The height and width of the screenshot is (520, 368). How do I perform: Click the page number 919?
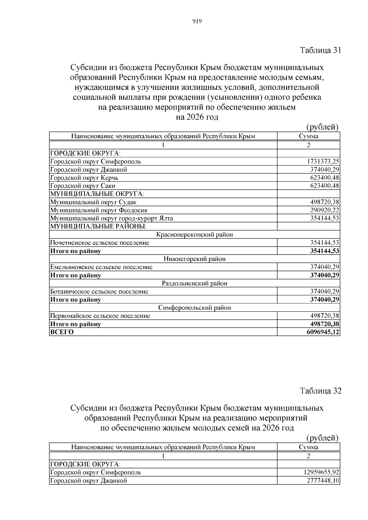click(197, 21)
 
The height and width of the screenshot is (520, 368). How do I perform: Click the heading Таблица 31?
click(320, 50)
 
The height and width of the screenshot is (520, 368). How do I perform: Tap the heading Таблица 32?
click(320, 391)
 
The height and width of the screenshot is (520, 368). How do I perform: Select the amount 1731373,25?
click(323, 161)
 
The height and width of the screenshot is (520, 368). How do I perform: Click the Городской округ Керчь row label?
click(84, 178)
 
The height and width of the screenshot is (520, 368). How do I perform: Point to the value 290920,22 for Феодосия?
click(324, 210)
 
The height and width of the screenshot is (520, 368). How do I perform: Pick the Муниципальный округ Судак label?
click(93, 202)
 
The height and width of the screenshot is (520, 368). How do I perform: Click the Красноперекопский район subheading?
click(194, 235)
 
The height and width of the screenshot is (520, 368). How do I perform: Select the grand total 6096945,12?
click(323, 332)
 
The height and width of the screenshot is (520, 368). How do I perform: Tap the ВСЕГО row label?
click(62, 332)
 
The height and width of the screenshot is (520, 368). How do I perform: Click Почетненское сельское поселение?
click(100, 243)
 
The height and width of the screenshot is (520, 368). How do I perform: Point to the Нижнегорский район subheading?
click(194, 259)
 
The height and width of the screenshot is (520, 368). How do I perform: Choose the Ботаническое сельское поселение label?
click(99, 291)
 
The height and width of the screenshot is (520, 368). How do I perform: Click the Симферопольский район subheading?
click(194, 308)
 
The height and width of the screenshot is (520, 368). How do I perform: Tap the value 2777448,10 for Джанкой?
click(323, 480)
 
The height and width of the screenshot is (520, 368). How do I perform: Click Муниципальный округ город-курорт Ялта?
click(111, 218)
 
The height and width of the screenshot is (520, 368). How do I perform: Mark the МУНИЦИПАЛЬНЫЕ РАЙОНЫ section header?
click(98, 226)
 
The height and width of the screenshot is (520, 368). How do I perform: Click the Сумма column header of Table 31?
click(309, 136)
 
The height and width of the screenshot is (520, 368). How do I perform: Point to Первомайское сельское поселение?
click(100, 316)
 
